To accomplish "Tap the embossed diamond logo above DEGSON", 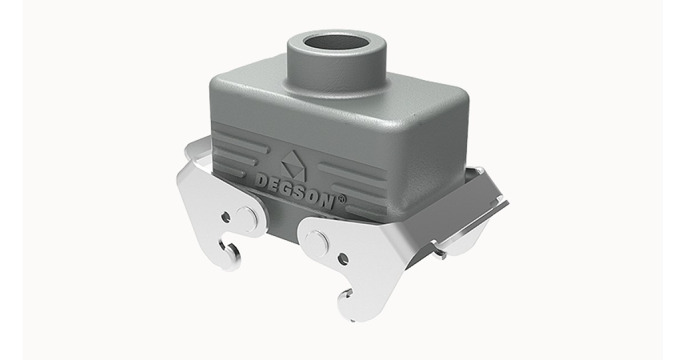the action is [293, 165].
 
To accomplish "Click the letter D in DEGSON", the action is [261, 181].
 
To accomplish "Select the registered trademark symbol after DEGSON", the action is [341, 199].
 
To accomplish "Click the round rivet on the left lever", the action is [246, 219].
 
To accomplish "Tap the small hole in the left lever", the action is [226, 217].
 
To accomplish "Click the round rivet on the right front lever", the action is [317, 243].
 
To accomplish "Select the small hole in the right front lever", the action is [344, 259].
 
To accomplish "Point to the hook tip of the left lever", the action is [221, 245].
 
